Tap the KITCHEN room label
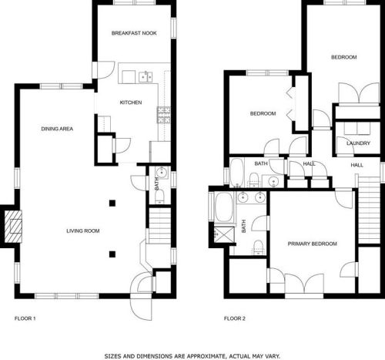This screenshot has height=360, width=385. [130, 103]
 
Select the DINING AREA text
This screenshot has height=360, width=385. [57, 129]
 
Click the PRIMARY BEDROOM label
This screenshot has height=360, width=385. [313, 244]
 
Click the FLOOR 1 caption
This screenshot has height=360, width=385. [25, 318]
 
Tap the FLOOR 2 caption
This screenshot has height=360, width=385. [234, 318]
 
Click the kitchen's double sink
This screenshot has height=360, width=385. [145, 76]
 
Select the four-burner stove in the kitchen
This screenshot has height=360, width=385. [163, 116]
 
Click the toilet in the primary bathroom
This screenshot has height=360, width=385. [259, 246]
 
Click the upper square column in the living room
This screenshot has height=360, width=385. [112, 203]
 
